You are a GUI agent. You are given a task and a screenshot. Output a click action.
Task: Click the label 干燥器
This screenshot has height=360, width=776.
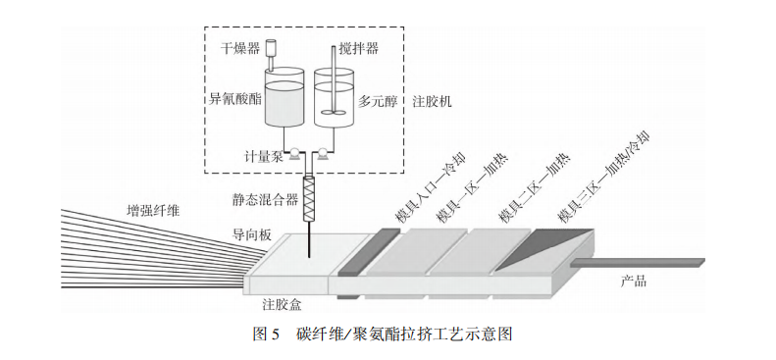click(x=237, y=46)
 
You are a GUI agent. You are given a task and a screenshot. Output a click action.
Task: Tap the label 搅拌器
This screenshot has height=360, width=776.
click(x=357, y=46)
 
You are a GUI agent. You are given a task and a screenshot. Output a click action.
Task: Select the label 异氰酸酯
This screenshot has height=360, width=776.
click(x=234, y=99)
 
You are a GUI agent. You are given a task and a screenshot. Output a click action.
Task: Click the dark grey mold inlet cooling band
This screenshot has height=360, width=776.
click(x=367, y=252)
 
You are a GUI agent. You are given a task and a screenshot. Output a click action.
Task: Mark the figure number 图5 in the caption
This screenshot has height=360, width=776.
click(x=268, y=334)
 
